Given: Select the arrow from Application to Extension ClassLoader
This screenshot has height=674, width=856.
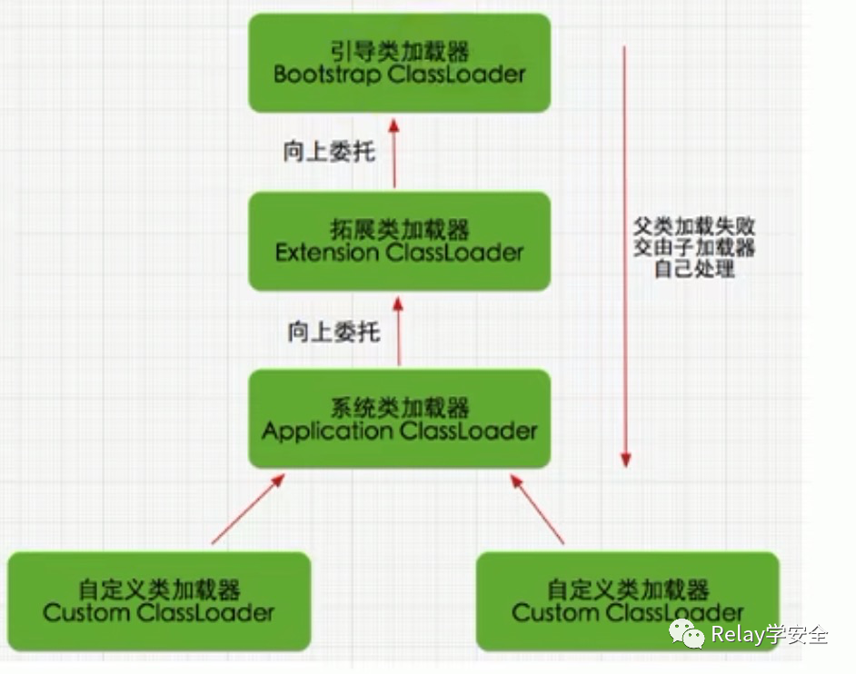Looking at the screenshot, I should (x=398, y=330).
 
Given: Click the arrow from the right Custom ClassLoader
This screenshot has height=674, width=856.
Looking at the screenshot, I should (x=538, y=509).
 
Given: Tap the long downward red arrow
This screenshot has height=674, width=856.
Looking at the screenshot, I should (x=624, y=254).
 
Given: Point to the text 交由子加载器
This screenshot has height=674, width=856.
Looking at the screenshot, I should (x=694, y=247).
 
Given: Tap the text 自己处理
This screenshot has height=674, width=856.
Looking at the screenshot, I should (x=694, y=269).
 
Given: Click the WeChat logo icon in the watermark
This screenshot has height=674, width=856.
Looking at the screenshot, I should (x=687, y=634).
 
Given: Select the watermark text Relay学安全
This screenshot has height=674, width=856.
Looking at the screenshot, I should (x=770, y=634).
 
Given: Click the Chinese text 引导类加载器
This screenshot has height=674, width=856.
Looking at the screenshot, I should (x=399, y=51).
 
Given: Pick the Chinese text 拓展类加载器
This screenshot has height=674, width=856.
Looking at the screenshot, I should (x=399, y=228).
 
